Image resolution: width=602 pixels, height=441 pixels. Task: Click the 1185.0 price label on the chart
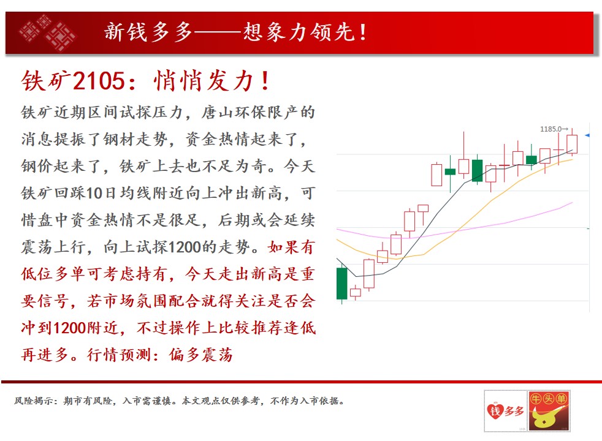pos(551,129)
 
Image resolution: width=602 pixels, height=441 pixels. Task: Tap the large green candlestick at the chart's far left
pos(341,284)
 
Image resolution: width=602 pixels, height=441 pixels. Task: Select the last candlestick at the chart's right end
pos(572,144)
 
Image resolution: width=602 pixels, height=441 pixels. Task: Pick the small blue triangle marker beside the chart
pos(587,135)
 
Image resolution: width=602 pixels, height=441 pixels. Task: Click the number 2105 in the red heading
pos(99,81)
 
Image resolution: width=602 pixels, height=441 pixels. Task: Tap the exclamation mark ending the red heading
pos(265,81)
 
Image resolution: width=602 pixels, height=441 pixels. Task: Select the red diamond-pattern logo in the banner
pos(47,33)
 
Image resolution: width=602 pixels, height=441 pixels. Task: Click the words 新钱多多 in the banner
pos(148,32)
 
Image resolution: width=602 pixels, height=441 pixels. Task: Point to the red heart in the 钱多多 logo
pos(495,412)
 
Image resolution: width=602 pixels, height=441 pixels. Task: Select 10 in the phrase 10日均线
pos(94,194)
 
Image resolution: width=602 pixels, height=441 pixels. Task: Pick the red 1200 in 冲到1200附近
pos(69,328)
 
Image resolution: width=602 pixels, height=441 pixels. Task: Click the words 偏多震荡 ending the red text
pos(201,355)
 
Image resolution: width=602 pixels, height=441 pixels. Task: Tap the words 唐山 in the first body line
pos(218,112)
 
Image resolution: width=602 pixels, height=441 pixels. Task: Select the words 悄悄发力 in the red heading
pos(204,81)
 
